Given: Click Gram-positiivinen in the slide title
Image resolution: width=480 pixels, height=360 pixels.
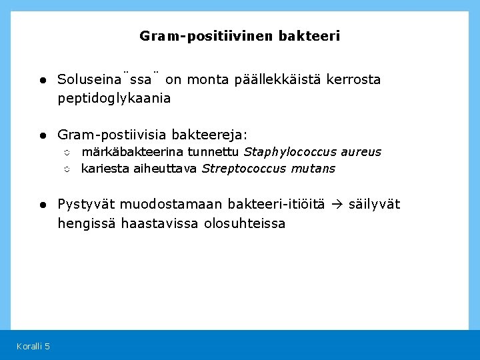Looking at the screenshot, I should point(206,36).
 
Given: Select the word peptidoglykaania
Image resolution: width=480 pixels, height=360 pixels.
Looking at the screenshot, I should point(114,99).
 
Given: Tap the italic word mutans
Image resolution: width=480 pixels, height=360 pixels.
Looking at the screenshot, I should point(313,169).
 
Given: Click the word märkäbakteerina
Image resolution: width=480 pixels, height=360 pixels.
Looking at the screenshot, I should point(131,152).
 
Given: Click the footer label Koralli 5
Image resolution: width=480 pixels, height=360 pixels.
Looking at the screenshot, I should point(33,345).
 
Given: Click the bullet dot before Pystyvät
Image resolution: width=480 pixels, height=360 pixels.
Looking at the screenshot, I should point(41,205).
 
